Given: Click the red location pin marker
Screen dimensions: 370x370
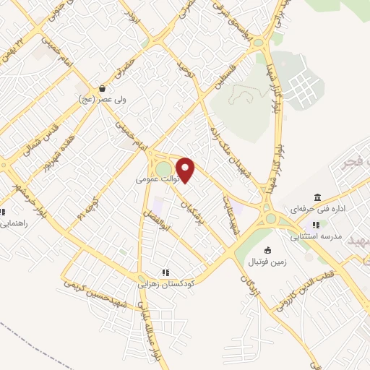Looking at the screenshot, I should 186,170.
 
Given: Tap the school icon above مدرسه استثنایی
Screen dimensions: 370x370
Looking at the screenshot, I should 316,225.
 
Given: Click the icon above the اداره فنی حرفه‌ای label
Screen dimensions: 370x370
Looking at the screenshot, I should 317,197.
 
